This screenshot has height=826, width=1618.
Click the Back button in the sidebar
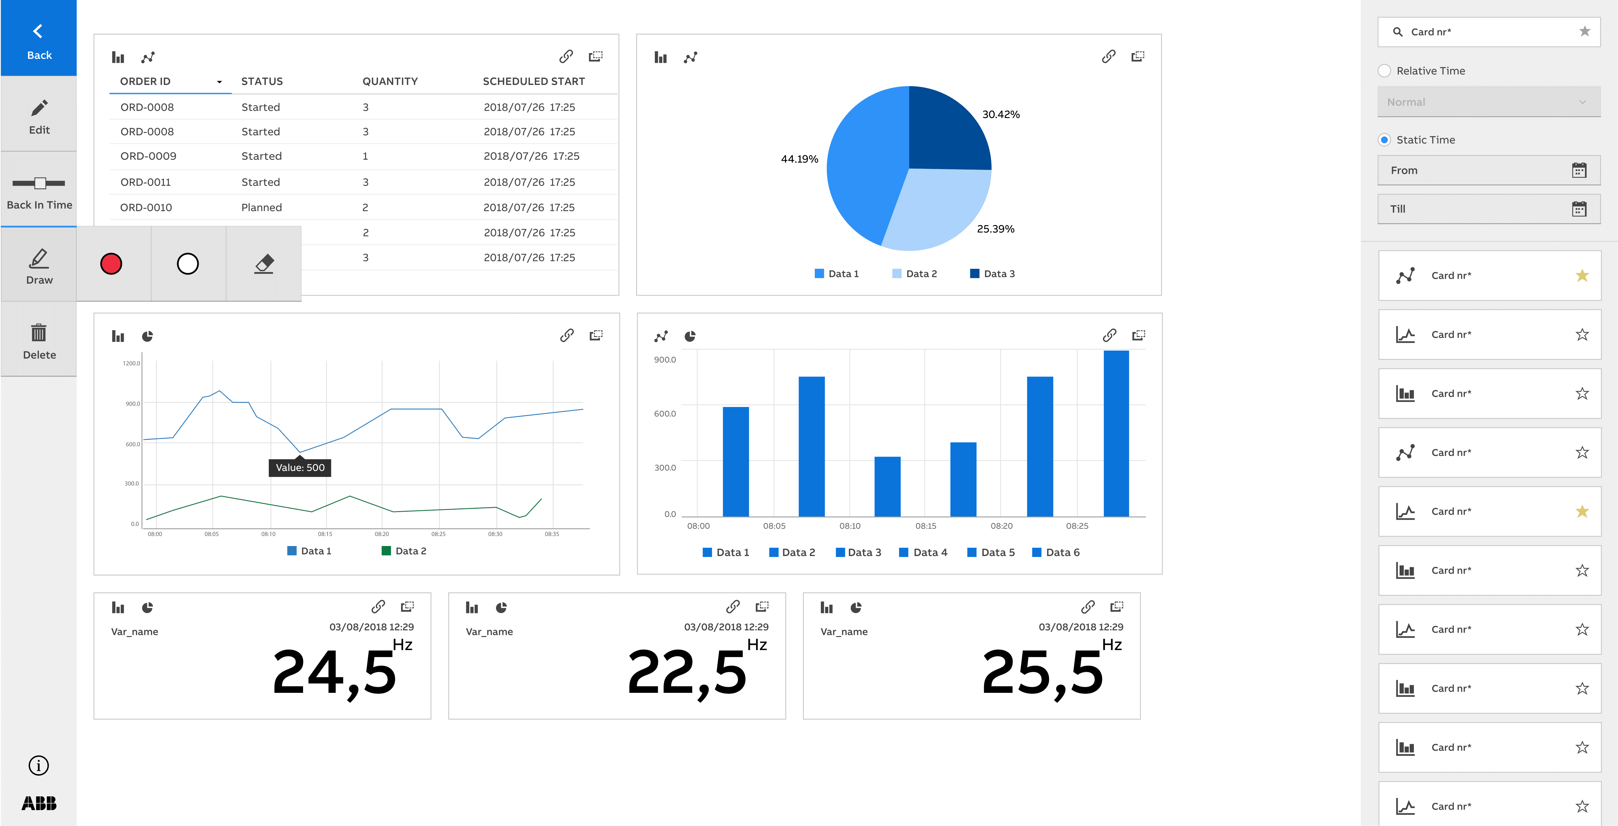pyautogui.click(x=38, y=39)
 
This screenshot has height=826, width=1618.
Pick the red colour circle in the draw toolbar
pyautogui.click(x=111, y=264)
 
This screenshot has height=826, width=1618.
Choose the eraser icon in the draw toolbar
pyautogui.click(x=264, y=264)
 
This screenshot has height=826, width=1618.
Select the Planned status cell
pyautogui.click(x=261, y=207)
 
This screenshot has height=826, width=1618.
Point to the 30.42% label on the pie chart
pyautogui.click(x=1001, y=114)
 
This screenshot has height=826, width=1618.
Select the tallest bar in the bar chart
pyautogui.click(x=1115, y=433)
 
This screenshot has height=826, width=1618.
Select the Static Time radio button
pyautogui.click(x=1384, y=140)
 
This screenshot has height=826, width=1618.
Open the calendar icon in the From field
pyautogui.click(x=1579, y=170)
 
